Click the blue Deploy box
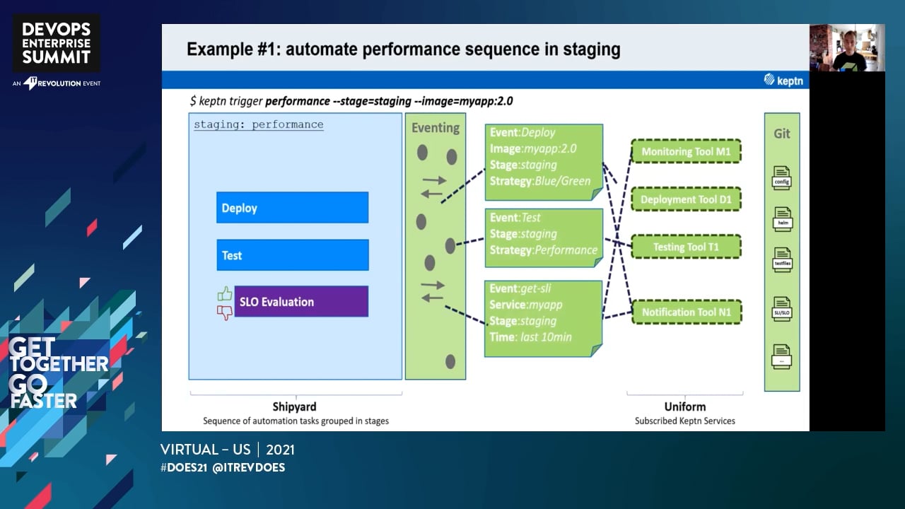pyautogui.click(x=292, y=208)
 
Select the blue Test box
pyautogui.click(x=292, y=255)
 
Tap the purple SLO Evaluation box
pyautogui.click(x=301, y=302)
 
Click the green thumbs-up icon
pyautogui.click(x=225, y=293)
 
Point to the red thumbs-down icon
pyautogui.click(x=225, y=312)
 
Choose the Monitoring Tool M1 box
pyautogui.click(x=686, y=151)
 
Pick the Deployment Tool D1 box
pyautogui.click(x=686, y=199)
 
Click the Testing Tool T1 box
pyautogui.click(x=686, y=247)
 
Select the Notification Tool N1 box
pyautogui.click(x=686, y=312)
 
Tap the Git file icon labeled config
pyautogui.click(x=781, y=178)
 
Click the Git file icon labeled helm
pyautogui.click(x=782, y=219)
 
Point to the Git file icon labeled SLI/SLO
pyautogui.click(x=781, y=309)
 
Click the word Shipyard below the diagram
pyautogui.click(x=295, y=406)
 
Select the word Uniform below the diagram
pyautogui.click(x=684, y=406)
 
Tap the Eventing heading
pyautogui.click(x=436, y=128)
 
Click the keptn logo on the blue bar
pyautogui.click(x=783, y=80)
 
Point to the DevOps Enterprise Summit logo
pyautogui.click(x=57, y=44)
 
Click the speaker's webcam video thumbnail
pyautogui.click(x=847, y=48)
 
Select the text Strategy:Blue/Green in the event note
pyautogui.click(x=540, y=181)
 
